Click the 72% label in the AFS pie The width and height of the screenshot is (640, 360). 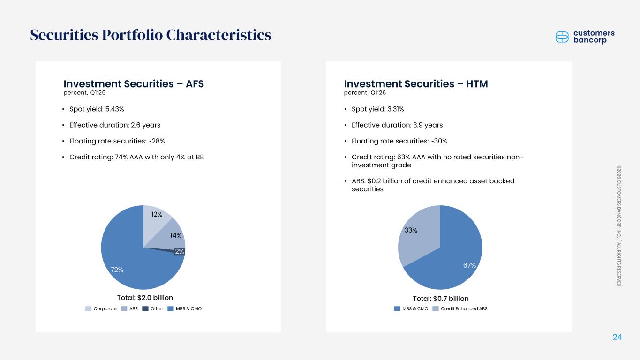pyautogui.click(x=117, y=270)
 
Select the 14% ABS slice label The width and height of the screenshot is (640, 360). pyautogui.click(x=176, y=235)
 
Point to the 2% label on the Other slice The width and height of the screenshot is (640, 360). pyautogui.click(x=180, y=251)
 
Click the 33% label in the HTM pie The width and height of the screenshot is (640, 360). pyautogui.click(x=411, y=230)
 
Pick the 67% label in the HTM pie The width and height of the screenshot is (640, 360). pyautogui.click(x=469, y=265)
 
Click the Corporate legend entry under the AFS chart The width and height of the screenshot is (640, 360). pyautogui.click(x=101, y=308)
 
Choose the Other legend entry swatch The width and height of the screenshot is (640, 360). pyautogui.click(x=145, y=308)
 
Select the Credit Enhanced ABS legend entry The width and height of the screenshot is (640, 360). pyautogui.click(x=460, y=308)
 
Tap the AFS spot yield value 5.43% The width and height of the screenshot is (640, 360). pyautogui.click(x=114, y=109)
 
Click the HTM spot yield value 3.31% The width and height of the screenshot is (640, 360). pyautogui.click(x=395, y=109)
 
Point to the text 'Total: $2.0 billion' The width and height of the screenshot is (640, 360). pyautogui.click(x=145, y=298)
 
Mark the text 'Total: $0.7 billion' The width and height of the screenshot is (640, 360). pyautogui.click(x=441, y=299)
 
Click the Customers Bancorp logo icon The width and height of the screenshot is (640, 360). pyautogui.click(x=562, y=37)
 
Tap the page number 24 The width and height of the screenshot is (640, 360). pyautogui.click(x=617, y=337)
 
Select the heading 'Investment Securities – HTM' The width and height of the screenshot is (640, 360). pyautogui.click(x=416, y=84)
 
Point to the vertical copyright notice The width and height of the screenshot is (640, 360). pyautogui.click(x=619, y=226)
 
